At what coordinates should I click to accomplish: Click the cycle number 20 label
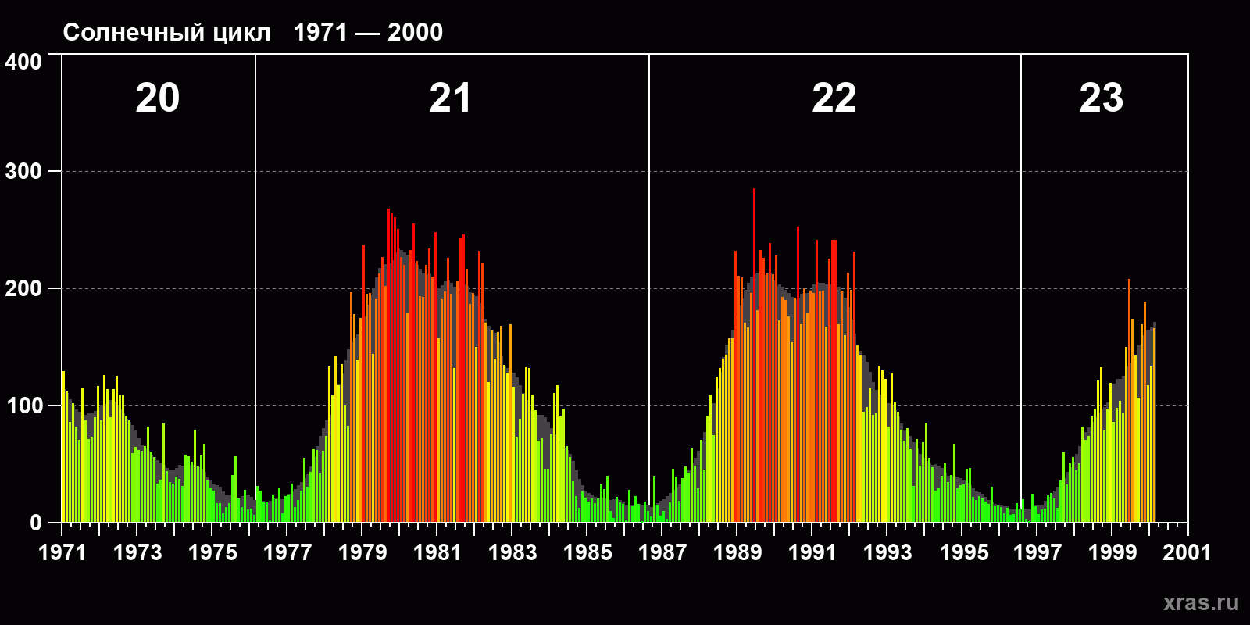click(158, 98)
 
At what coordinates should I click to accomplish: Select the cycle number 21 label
click(450, 98)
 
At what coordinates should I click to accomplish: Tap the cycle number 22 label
click(834, 98)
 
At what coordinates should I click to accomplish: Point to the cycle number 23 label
click(1101, 98)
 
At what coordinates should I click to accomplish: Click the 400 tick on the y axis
click(23, 62)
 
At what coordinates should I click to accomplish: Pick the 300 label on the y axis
click(23, 172)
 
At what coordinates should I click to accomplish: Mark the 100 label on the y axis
click(23, 406)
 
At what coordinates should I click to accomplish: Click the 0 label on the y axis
click(35, 523)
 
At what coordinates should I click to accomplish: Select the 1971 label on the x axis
click(62, 552)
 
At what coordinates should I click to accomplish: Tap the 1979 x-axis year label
click(362, 552)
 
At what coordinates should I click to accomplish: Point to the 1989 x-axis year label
click(737, 552)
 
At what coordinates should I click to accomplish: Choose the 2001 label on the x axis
click(1187, 552)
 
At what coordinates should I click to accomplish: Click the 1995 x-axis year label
click(963, 552)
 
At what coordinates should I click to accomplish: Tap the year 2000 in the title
click(415, 33)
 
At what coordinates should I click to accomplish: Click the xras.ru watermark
click(1201, 602)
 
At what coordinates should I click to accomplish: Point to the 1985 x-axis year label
click(587, 552)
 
